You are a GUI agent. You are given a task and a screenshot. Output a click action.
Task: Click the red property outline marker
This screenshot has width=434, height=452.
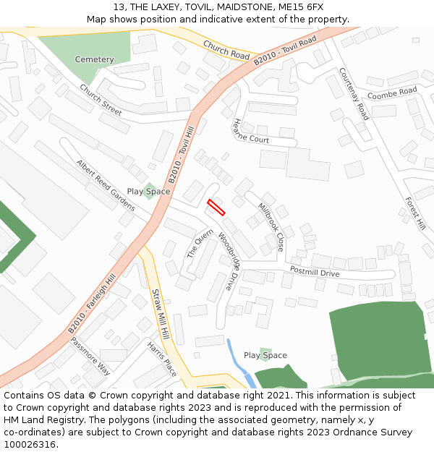pyautogui.click(x=216, y=207)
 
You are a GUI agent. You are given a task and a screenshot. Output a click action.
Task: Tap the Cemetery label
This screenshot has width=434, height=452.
pyautogui.click(x=95, y=59)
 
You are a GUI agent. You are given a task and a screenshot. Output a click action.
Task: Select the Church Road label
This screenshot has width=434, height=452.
pyautogui.click(x=226, y=48)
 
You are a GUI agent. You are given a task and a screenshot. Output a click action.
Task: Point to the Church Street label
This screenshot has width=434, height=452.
pyautogui.click(x=101, y=100)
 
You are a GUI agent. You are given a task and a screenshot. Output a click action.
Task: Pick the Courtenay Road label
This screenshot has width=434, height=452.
pyautogui.click(x=354, y=94)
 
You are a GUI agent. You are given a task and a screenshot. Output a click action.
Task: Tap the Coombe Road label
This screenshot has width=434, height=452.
pyautogui.click(x=392, y=93)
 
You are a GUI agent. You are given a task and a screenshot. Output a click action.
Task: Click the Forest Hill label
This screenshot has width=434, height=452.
pyautogui.click(x=415, y=214)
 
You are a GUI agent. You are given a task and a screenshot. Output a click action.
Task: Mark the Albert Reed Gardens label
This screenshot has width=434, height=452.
pyautogui.click(x=105, y=185)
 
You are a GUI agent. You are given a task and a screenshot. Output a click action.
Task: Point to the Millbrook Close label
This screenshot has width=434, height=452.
pyautogui.click(x=271, y=226)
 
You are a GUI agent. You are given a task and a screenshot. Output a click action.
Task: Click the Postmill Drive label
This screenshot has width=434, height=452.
pyautogui.click(x=315, y=272)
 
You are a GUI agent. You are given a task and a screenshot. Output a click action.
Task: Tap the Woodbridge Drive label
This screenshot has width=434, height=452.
pyautogui.click(x=227, y=261)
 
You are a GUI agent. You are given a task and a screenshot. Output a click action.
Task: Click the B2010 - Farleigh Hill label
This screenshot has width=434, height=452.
pyautogui.click(x=92, y=304)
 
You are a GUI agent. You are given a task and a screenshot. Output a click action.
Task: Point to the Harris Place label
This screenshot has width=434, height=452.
pyautogui.click(x=161, y=359)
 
